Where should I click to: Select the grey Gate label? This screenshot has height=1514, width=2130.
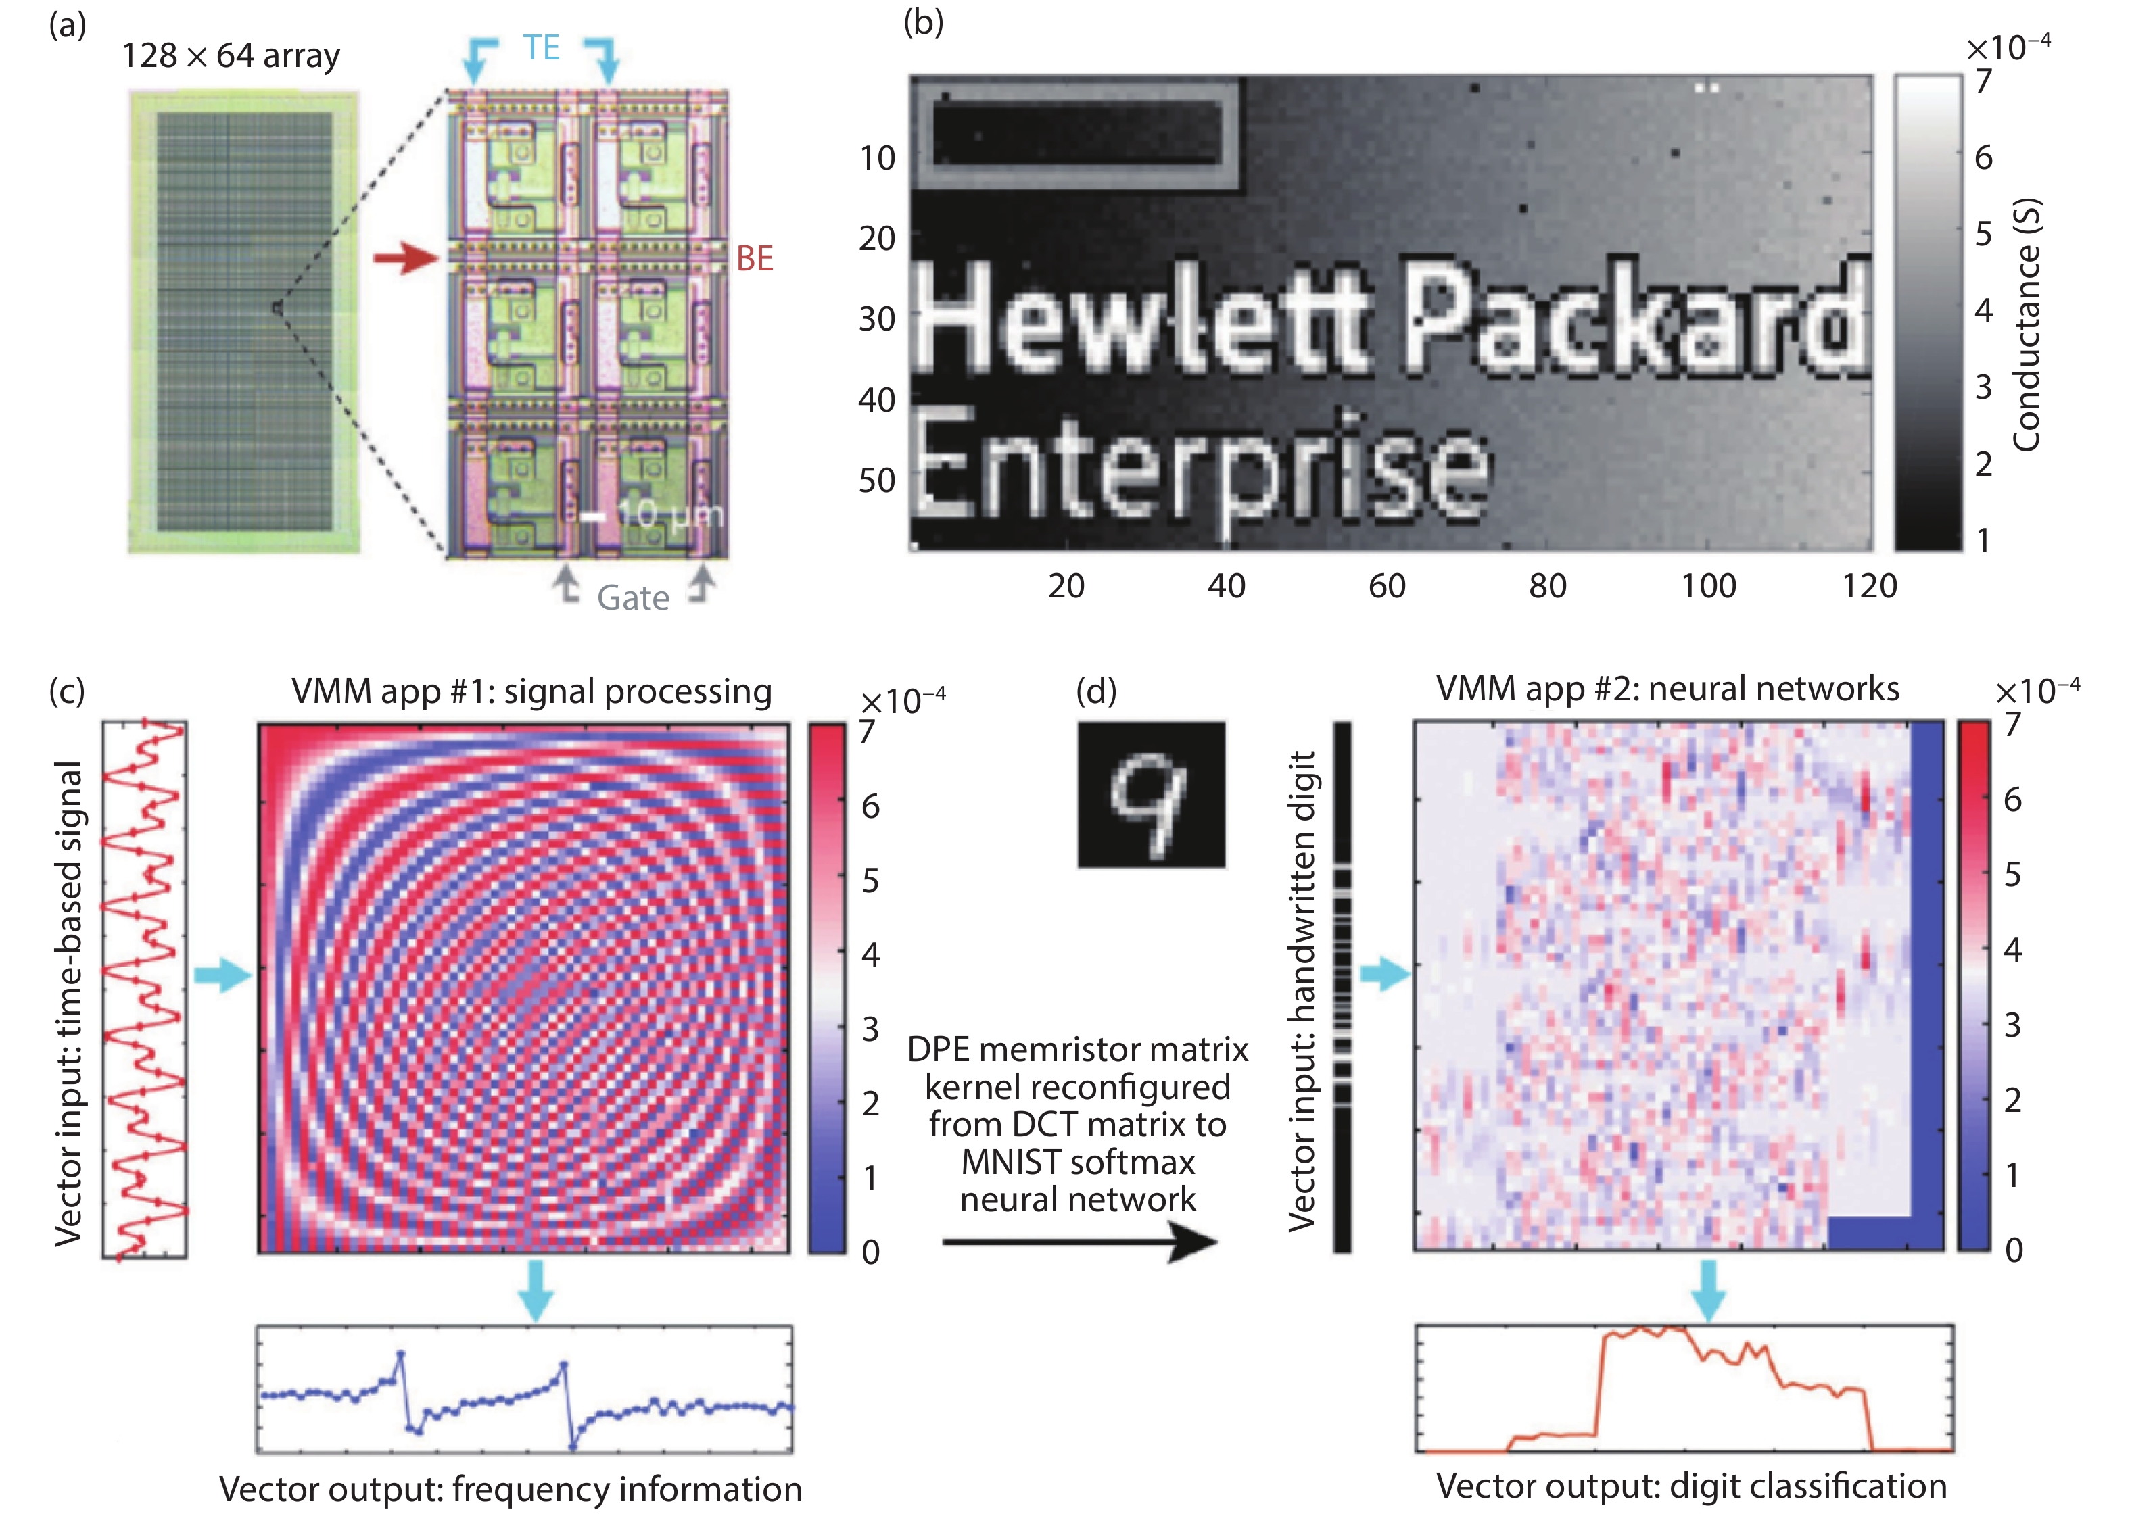(632, 597)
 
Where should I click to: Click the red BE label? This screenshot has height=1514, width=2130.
(755, 258)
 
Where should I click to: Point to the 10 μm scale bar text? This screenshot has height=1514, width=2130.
(669, 514)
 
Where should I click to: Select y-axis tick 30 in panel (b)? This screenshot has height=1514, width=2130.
(876, 319)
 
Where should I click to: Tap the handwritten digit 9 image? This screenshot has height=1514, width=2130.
(1151, 794)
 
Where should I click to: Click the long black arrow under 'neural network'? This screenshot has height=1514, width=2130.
(1079, 1241)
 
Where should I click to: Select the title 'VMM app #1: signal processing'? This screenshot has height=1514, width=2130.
(531, 691)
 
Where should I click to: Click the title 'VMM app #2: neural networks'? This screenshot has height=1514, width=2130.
(1667, 688)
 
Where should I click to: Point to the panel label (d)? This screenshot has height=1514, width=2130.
(1096, 690)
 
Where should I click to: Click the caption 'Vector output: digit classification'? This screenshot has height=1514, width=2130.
(1690, 1486)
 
